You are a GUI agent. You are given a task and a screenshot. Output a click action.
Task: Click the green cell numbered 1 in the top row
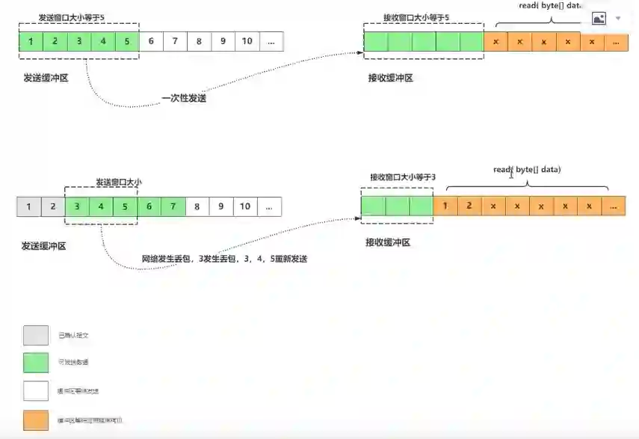(x=31, y=41)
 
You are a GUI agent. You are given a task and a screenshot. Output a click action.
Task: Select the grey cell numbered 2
(x=53, y=206)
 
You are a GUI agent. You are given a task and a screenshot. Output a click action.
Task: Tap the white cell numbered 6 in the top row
(x=151, y=41)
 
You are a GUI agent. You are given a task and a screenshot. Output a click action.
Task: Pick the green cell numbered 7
(x=173, y=206)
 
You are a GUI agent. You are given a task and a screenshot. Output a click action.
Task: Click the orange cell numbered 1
(x=445, y=205)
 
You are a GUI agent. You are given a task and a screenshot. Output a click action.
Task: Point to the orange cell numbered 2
(x=469, y=205)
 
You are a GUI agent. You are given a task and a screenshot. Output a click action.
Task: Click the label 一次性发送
(x=184, y=98)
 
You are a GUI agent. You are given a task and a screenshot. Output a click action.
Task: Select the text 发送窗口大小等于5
(x=82, y=17)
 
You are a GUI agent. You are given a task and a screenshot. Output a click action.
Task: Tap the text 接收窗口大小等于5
(x=417, y=17)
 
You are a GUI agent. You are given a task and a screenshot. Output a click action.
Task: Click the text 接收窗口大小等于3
(x=403, y=177)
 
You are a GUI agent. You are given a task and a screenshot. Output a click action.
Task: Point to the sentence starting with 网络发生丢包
(x=225, y=259)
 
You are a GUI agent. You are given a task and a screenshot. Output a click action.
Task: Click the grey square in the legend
(x=35, y=335)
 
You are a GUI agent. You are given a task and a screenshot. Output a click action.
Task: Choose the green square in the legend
(x=35, y=363)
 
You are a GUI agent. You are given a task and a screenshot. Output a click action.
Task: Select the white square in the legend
(x=35, y=391)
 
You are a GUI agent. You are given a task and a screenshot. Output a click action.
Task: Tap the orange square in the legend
(x=35, y=420)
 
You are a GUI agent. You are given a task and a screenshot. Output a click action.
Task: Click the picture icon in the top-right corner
(x=599, y=18)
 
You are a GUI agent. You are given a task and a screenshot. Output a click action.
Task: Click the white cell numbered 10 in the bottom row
(x=244, y=206)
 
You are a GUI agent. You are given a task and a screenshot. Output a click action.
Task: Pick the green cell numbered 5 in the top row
(x=127, y=41)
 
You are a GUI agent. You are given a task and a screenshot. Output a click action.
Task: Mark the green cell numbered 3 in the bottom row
(x=77, y=206)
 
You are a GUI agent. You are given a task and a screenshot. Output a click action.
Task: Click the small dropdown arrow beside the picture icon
(x=618, y=18)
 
